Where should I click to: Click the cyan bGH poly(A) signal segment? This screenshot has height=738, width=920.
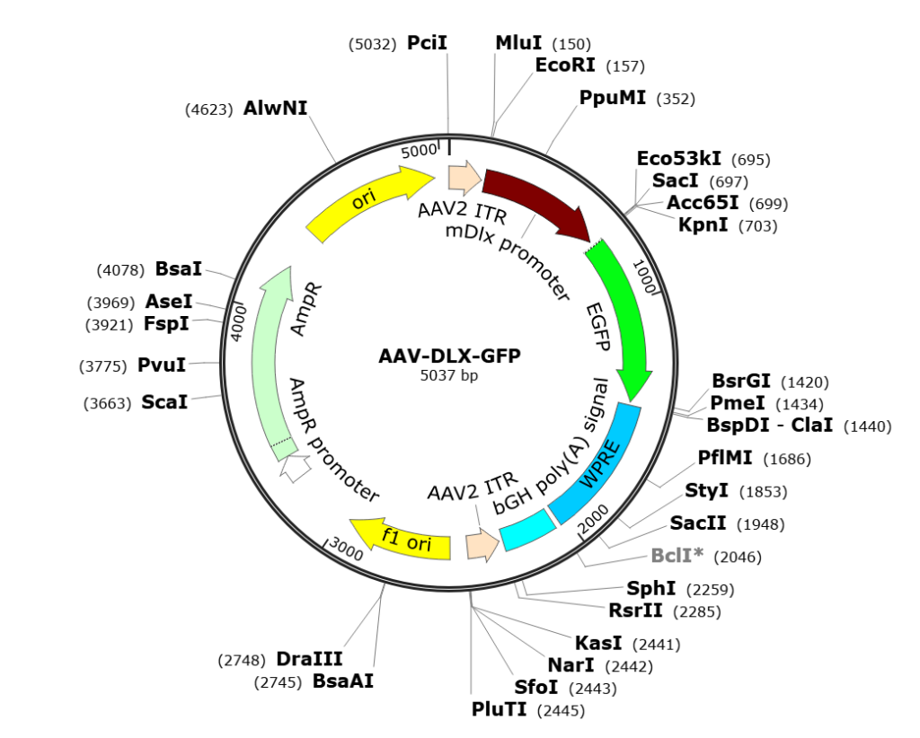pos(527,531)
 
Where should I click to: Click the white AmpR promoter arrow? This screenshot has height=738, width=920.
pos(295,467)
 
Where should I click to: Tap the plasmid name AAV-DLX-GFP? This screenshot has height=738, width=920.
pos(449,356)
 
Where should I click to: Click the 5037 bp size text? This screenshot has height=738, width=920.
pos(449,375)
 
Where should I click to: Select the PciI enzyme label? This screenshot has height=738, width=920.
pos(427,43)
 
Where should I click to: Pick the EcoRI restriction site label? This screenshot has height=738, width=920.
pos(565,65)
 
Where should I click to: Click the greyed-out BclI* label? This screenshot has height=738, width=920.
pos(677,555)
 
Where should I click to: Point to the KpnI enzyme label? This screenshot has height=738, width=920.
pos(703,224)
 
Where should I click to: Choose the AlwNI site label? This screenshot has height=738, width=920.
pos(275,108)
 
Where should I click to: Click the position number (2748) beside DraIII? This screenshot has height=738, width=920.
pos(242,661)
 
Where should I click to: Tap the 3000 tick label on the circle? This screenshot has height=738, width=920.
pos(346,549)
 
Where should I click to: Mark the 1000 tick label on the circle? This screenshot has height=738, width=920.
pos(643,277)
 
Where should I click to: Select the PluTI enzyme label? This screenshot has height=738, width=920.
pos(500,709)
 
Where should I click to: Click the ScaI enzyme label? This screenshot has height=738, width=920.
pos(165,402)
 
